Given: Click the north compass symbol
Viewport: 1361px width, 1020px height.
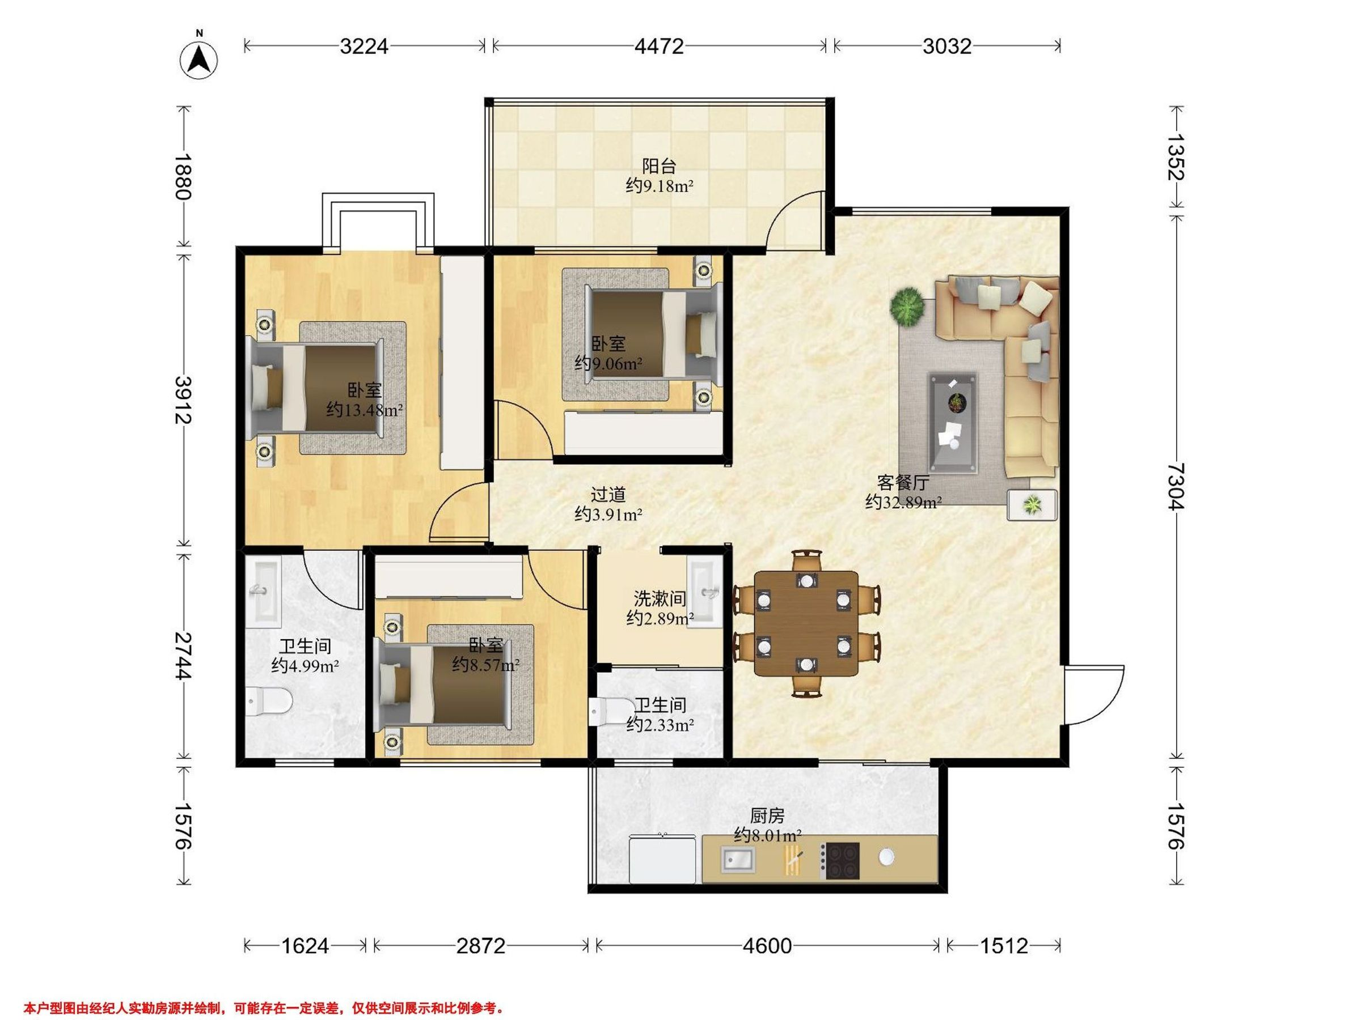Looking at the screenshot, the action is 198,58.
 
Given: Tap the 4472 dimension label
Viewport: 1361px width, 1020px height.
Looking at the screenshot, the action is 659,46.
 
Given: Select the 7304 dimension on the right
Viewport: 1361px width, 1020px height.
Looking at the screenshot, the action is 1175,486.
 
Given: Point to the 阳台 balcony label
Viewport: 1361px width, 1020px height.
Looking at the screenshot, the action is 660,165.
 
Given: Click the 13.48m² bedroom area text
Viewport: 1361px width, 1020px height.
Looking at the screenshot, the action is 364,410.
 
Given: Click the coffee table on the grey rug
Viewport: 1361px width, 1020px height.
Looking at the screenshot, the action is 953,423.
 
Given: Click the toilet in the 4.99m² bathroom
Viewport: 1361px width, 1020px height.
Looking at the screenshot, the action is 268,702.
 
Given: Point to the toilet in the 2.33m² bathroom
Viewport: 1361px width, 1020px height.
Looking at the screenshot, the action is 607,711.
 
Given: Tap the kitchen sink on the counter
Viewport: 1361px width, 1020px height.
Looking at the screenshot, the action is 738,858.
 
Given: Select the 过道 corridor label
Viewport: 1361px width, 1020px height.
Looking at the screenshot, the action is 608,494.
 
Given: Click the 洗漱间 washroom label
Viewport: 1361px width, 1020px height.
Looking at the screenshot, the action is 660,598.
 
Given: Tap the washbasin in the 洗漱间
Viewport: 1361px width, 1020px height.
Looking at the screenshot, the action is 704,594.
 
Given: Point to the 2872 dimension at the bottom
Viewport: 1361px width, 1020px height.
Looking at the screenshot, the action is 480,946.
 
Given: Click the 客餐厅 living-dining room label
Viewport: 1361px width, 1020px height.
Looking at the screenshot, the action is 903,483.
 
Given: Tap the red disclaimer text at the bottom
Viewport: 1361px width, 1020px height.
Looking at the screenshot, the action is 264,992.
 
